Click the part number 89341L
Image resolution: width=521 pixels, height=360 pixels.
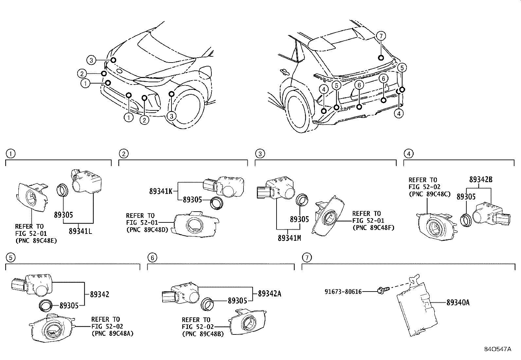(x=80, y=231)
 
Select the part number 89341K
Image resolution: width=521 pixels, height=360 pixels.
(x=160, y=191)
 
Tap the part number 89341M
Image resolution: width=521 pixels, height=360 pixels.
(x=289, y=238)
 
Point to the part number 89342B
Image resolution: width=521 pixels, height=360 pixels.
(x=481, y=180)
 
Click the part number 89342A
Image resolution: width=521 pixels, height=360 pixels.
(x=269, y=294)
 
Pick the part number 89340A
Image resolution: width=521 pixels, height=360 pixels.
(x=458, y=302)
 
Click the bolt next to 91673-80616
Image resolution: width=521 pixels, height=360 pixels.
(x=382, y=290)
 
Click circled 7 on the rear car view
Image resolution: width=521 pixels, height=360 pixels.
(x=381, y=36)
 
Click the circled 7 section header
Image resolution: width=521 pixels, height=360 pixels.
(x=306, y=258)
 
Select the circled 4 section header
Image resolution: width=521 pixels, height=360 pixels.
(x=409, y=153)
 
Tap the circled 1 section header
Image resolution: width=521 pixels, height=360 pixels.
(x=11, y=153)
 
